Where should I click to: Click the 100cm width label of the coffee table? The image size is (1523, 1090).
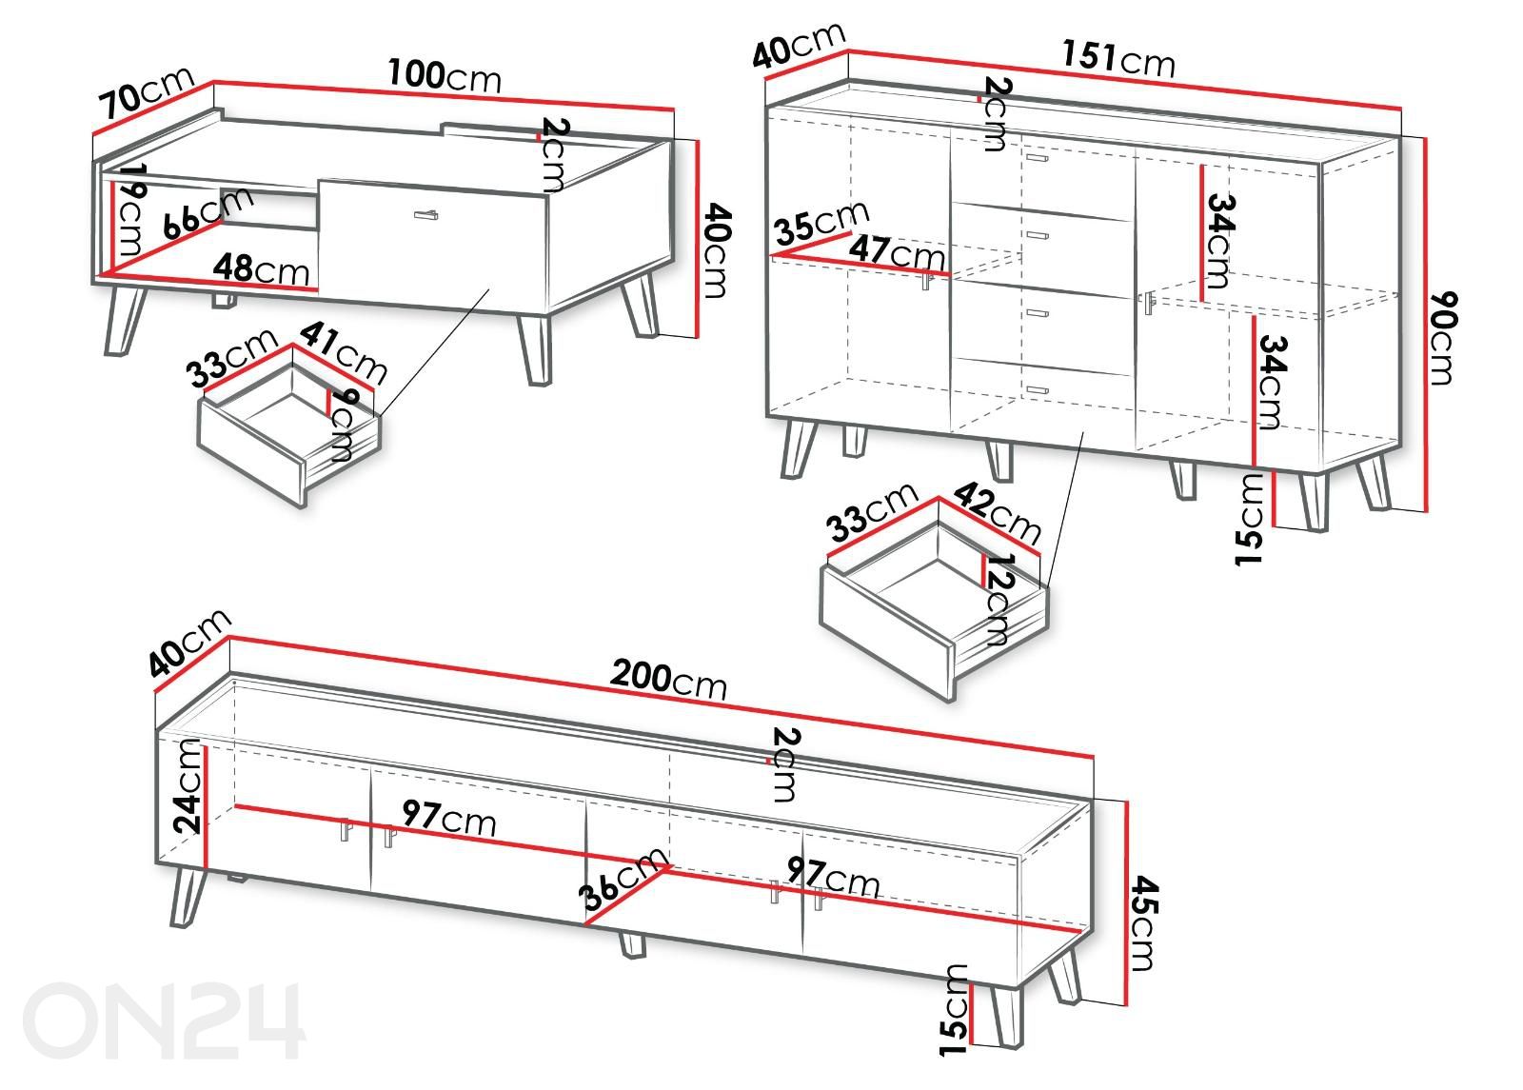(445, 75)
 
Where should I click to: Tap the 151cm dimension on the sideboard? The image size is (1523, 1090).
(1118, 58)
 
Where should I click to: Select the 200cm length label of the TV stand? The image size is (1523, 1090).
(668, 678)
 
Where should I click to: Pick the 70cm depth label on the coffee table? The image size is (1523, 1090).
(147, 92)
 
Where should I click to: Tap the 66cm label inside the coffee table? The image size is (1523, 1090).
(208, 213)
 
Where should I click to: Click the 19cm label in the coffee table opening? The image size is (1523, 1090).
(131, 208)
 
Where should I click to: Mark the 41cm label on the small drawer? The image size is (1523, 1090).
(344, 352)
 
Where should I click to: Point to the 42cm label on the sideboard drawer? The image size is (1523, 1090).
(997, 512)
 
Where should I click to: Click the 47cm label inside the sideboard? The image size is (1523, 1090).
(897, 251)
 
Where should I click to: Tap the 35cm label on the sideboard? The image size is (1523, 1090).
(822, 222)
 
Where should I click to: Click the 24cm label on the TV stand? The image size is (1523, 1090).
(188, 786)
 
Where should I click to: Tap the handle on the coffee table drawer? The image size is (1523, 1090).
(425, 215)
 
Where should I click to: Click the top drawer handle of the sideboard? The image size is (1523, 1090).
(1038, 158)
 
